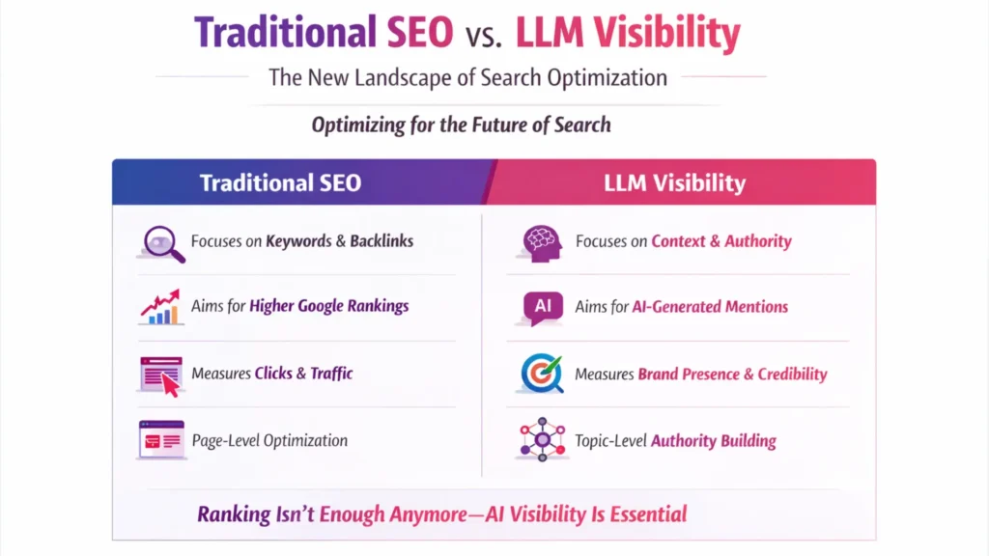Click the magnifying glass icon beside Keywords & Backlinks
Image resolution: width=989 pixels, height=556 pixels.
point(162,243)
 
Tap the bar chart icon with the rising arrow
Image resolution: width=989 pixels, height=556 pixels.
point(161,307)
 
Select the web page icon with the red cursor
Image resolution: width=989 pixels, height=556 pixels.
point(161,376)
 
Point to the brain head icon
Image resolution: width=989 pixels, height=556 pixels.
point(542,243)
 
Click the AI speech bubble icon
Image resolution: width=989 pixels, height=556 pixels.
point(543,308)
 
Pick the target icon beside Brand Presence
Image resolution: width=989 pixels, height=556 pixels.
point(542,374)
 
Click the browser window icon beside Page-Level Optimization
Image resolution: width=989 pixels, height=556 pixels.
point(161,439)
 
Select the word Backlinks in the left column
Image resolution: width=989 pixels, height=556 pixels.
point(381,240)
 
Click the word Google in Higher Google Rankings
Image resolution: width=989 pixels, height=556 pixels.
point(321,306)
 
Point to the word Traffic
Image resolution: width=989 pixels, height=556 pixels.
point(331,374)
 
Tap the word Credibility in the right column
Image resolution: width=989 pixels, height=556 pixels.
point(792,374)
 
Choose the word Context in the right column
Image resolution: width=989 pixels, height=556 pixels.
point(678,240)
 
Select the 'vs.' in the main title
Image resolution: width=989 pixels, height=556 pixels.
point(484,36)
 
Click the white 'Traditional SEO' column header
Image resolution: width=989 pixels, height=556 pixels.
point(281,182)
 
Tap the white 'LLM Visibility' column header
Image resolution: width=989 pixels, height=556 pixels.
point(675,182)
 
